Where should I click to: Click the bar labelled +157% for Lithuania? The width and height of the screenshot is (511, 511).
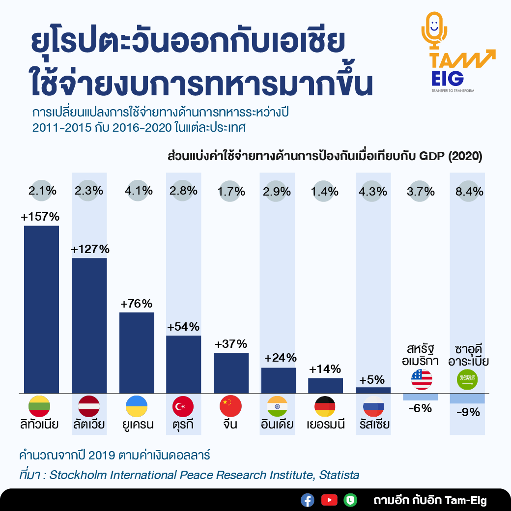pos(41,310)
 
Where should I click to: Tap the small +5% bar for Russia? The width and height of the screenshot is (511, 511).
pos(373,390)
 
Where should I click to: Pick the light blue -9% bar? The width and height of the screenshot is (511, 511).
pos(467,398)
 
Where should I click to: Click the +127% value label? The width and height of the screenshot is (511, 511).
pos(89,249)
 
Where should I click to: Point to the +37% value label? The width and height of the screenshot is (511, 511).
pos(231,344)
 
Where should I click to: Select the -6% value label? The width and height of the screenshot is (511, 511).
pos(420,408)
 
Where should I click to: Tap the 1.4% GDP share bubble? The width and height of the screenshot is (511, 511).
pos(325,191)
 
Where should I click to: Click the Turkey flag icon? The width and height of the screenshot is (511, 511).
pos(183,406)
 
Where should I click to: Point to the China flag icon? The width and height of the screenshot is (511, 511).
pos(231,406)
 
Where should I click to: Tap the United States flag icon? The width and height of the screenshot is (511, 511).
pos(422,379)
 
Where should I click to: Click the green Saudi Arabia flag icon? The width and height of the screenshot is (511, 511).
pos(467,379)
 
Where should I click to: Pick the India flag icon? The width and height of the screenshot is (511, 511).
pos(278,406)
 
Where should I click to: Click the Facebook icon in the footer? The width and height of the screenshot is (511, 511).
pos(308,500)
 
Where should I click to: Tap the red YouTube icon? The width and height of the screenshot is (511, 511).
pos(329,500)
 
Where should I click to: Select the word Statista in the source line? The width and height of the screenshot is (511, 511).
pos(339,475)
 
